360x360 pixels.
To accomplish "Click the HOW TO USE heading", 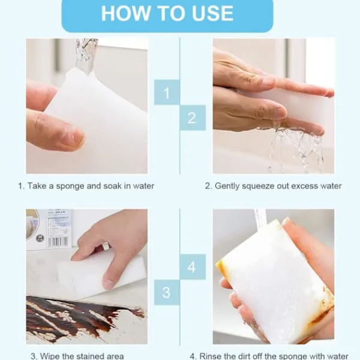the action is pos(167,13).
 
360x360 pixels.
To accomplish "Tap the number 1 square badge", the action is pos(167,92).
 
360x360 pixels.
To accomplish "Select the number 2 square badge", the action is pos(193,118).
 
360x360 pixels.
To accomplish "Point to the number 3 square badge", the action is pos(167,292).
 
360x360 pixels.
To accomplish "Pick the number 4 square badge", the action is pos(193,267).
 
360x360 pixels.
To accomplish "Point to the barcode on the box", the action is pos(58,242).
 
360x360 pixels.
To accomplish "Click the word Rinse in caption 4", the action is pos(210,356).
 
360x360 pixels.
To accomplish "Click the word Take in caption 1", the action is pos(37,186).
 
